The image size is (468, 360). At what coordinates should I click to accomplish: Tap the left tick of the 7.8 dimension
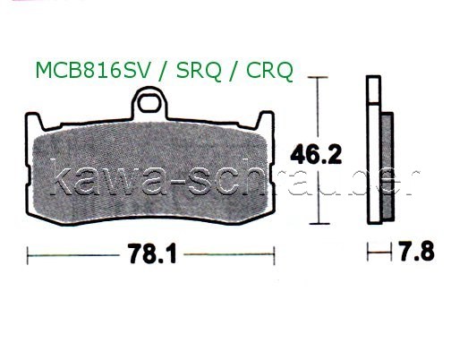(368, 253)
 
